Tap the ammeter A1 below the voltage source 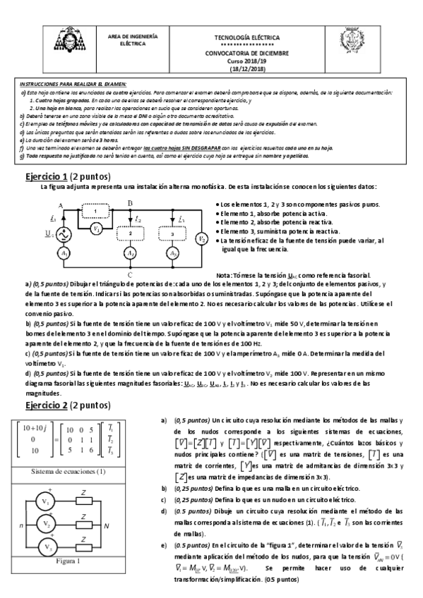coord(64,252)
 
